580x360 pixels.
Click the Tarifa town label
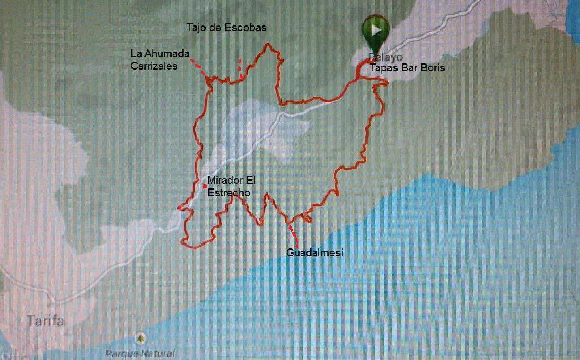(x=45, y=321)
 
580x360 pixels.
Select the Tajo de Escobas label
(x=226, y=27)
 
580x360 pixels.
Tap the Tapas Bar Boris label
(x=407, y=68)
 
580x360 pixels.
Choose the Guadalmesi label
(x=314, y=252)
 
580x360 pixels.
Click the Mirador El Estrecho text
(x=231, y=187)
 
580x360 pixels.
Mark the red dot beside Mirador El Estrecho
(x=204, y=186)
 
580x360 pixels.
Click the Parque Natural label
(x=140, y=353)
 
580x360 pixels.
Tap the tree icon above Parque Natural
(x=140, y=338)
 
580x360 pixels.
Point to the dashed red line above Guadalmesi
(x=293, y=233)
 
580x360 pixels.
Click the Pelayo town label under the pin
(x=385, y=57)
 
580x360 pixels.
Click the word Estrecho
(x=228, y=193)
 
